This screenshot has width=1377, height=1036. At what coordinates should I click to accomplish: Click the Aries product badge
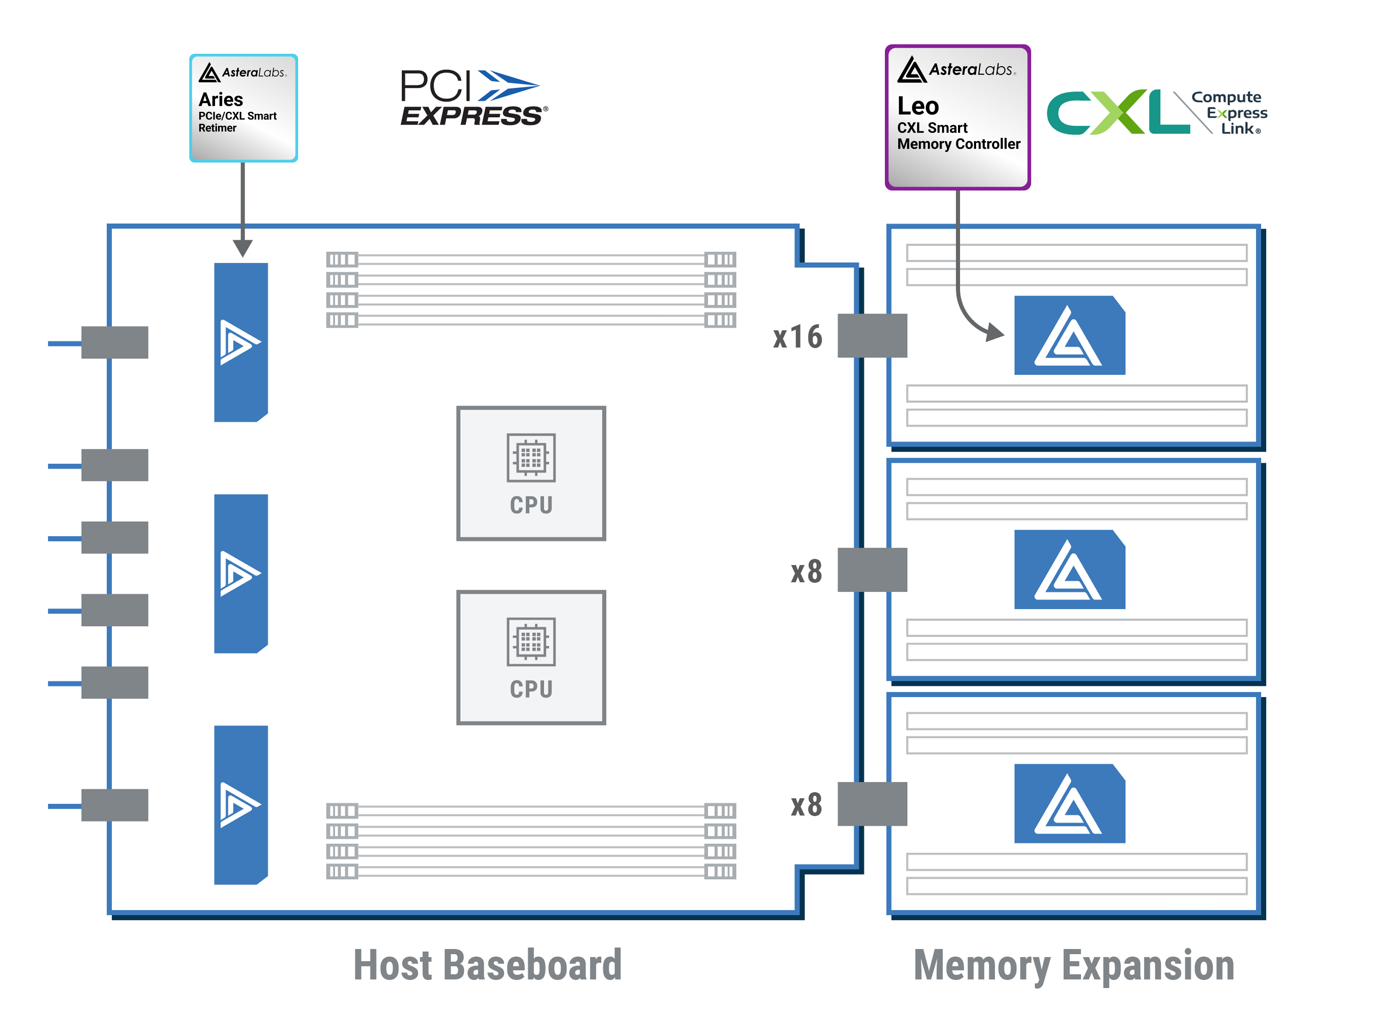[x=243, y=108]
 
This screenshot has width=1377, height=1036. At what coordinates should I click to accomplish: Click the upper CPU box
[x=531, y=473]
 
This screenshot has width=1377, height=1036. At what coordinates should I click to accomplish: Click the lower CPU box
[x=531, y=657]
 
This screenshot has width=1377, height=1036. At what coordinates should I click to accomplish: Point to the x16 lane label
[x=798, y=337]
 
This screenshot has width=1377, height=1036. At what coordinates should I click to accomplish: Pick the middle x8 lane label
[x=806, y=571]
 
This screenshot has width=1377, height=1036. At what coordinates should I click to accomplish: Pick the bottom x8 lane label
[x=806, y=805]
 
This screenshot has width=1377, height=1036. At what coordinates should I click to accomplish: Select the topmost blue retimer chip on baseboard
[x=241, y=342]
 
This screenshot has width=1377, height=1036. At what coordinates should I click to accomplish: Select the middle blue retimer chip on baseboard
[x=241, y=573]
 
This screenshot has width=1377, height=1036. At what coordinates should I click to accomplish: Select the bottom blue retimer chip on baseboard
[x=241, y=805]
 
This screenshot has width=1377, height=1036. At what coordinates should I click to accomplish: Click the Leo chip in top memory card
[x=1069, y=335]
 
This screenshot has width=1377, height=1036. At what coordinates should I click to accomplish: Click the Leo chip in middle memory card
[x=1069, y=569]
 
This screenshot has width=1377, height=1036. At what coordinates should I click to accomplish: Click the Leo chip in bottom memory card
[x=1069, y=803]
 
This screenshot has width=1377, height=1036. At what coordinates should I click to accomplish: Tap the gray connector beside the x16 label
[x=872, y=335]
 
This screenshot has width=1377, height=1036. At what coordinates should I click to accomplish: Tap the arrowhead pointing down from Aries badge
[x=243, y=248]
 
